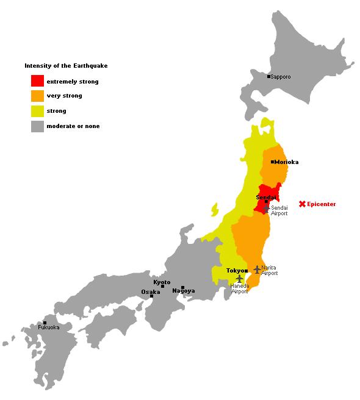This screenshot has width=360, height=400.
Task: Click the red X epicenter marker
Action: pos(302,204)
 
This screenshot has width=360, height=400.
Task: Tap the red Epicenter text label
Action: pos(322,204)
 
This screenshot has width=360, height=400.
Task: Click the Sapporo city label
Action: pos(281,77)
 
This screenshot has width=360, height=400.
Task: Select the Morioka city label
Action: pos(287,162)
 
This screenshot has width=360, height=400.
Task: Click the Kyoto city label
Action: pos(162,282)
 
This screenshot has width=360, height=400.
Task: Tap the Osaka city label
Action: pos(151,291)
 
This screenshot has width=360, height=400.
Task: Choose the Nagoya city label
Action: pos(184,291)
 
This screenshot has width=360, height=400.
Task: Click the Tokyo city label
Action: pos(235,270)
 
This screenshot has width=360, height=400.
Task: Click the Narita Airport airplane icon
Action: pos(257,269)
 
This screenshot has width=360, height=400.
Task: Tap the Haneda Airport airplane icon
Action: pos(239,279)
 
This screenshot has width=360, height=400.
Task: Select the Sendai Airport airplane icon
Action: pos(266,209)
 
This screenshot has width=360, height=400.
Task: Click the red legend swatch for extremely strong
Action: pos(37,81)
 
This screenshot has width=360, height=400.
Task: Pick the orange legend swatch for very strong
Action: pos(37,96)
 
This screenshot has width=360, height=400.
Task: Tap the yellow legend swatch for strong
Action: pos(37,111)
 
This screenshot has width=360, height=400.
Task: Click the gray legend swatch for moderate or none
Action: pos(37,126)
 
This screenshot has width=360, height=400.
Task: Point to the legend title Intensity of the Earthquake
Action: pos(66,65)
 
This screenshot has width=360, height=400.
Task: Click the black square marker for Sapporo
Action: pos(268,77)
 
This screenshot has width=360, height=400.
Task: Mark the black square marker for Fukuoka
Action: pos(45,323)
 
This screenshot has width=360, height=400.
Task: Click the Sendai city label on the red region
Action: pos(266,198)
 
